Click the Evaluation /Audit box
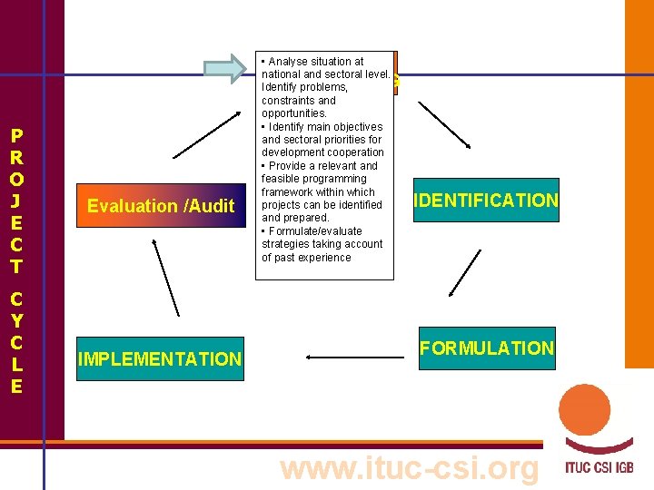[x=161, y=206]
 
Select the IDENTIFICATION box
[x=485, y=201]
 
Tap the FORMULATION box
[x=486, y=348]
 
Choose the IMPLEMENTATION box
[x=160, y=359]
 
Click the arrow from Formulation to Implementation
[x=355, y=358]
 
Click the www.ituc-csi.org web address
[x=410, y=468]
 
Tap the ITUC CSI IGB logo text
[x=598, y=469]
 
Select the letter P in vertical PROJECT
[x=16, y=137]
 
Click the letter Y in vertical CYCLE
[x=16, y=320]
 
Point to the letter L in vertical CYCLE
[x=16, y=364]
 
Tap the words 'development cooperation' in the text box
[x=322, y=152]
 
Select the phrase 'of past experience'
[x=306, y=258]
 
